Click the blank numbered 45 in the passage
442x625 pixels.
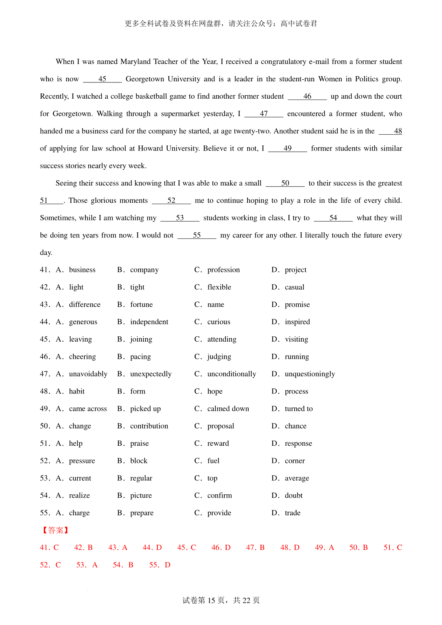click(x=102, y=79)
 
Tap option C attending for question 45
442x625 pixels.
click(x=221, y=339)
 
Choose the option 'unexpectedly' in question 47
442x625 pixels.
click(x=151, y=374)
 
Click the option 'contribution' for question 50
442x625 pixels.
click(x=149, y=426)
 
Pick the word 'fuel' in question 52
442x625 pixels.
click(x=213, y=461)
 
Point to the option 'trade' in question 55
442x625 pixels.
click(x=292, y=513)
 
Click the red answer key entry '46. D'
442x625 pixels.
click(x=221, y=548)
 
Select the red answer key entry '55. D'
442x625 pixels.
click(x=160, y=565)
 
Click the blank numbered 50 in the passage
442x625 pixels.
click(x=285, y=183)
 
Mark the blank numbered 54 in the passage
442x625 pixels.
click(x=333, y=218)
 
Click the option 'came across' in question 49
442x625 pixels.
click(x=88, y=409)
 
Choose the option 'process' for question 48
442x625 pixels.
click(x=296, y=392)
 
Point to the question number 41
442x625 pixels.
click(x=45, y=270)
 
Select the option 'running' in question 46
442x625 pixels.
click(x=297, y=357)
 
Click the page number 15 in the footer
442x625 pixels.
click(x=211, y=600)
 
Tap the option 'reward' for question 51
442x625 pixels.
click(x=218, y=444)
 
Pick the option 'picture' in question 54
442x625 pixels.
click(x=141, y=496)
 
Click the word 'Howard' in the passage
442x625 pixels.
click(x=150, y=149)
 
